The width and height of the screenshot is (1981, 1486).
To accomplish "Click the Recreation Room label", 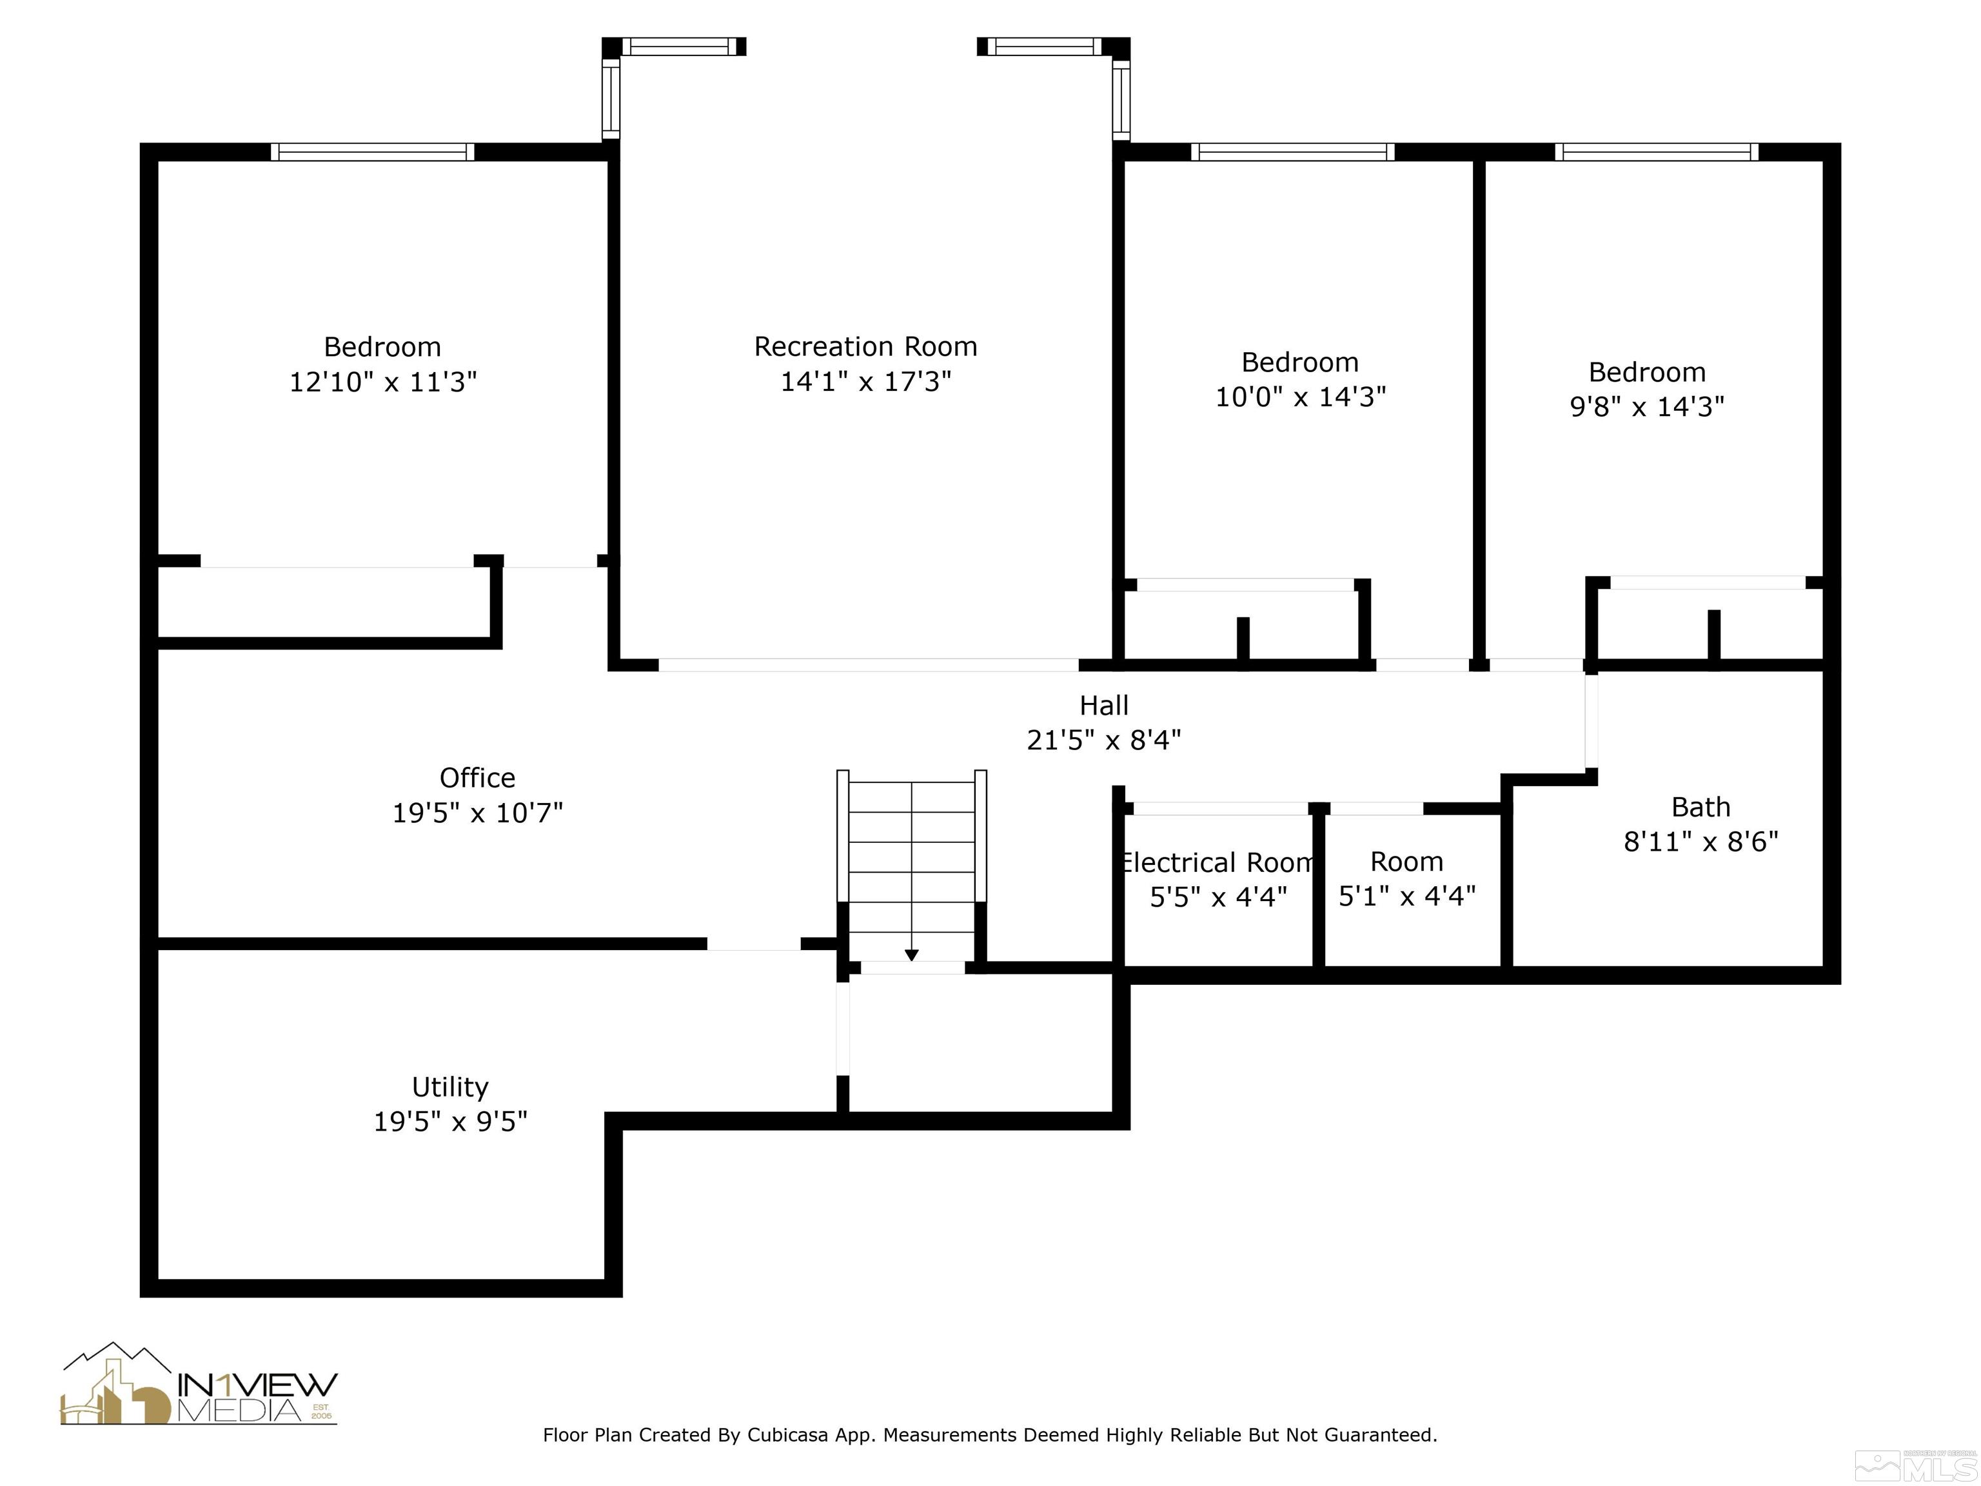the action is point(865,346).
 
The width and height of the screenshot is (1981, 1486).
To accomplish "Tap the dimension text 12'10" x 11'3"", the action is point(382,382).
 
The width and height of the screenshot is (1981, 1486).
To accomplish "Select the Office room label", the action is point(477,777).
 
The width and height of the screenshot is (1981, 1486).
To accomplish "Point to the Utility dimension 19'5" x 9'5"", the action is point(451,1122).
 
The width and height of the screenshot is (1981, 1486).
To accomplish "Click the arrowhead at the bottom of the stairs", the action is point(912,955).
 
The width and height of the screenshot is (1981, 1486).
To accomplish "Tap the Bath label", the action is point(1700,807).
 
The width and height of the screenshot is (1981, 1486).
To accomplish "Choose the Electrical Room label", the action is point(1217,862).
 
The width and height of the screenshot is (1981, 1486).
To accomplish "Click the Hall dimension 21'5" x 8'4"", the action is point(1103,740).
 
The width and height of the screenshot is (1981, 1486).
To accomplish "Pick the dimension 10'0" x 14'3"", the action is point(1301,397).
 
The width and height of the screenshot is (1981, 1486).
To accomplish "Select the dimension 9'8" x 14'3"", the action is point(1647,407).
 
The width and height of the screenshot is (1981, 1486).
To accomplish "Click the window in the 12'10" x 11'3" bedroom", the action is point(373,152).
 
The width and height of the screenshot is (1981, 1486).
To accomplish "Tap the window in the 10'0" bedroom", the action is point(1292,152).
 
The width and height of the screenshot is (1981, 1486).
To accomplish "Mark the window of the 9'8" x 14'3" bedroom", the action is point(1657,152).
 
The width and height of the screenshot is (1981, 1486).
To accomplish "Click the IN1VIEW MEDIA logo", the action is point(199,1384).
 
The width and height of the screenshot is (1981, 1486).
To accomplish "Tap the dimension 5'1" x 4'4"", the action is point(1407,896).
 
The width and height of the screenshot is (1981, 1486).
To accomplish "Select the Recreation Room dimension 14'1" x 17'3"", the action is point(865,382).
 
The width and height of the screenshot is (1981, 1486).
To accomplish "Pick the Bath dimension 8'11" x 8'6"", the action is point(1700,842).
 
